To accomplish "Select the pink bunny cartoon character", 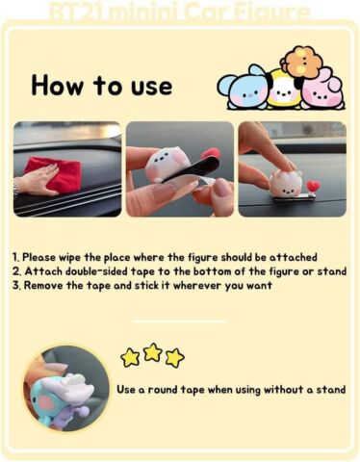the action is pyautogui.click(x=322, y=89).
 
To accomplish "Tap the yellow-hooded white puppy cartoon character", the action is pyautogui.click(x=285, y=90).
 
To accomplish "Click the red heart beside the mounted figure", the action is pyautogui.click(x=314, y=187).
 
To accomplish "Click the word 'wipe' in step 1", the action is pyautogui.click(x=70, y=258).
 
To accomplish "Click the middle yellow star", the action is pyautogui.click(x=153, y=352).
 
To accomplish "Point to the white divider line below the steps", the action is pyautogui.click(x=180, y=321).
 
